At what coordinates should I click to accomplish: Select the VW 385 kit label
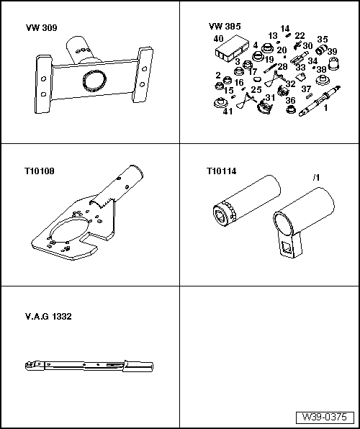[x=224, y=26]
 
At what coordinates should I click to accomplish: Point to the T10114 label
[x=221, y=172]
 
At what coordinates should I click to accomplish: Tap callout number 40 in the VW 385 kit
[x=219, y=38]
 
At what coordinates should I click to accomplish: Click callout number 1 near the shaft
[x=325, y=108]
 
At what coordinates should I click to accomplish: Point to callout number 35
[x=323, y=40]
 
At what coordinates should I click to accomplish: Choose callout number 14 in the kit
[x=285, y=28]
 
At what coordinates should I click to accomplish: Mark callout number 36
[x=290, y=101]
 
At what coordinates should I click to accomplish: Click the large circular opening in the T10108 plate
[x=78, y=227]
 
